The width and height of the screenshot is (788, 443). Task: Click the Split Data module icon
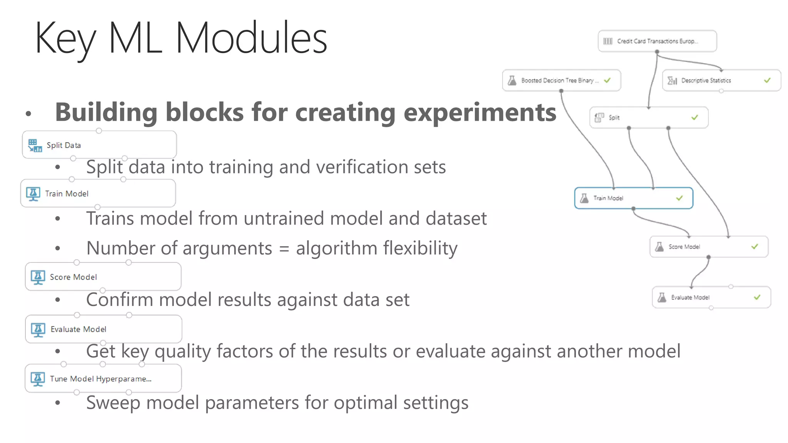[35, 146]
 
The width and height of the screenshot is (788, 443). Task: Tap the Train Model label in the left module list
[67, 194]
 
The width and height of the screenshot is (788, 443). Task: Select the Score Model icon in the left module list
[38, 277]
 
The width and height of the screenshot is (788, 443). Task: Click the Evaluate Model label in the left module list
[78, 330]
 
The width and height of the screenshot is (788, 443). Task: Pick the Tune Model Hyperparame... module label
[100, 379]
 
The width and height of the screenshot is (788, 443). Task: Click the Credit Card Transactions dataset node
[657, 41]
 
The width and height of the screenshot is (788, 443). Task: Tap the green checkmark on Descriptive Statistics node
[767, 80]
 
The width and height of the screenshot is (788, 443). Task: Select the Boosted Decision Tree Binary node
[560, 80]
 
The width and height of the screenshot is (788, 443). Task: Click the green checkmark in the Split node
[695, 117]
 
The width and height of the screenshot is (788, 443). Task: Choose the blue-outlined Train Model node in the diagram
[633, 198]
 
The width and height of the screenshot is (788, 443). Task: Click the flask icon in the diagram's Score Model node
[659, 246]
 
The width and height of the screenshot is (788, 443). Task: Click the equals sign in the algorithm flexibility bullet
[284, 248]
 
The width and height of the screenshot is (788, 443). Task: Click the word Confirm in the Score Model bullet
[120, 300]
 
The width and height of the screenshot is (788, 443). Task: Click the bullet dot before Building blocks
[28, 113]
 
